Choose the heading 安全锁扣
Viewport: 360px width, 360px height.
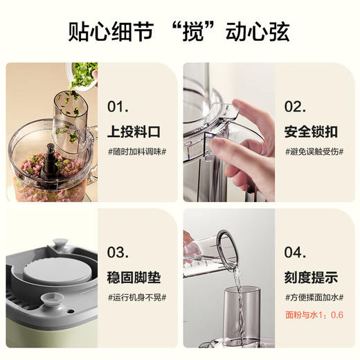click(311, 132)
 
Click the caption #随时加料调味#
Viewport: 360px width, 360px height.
click(136, 152)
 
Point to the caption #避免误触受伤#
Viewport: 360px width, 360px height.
click(314, 152)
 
